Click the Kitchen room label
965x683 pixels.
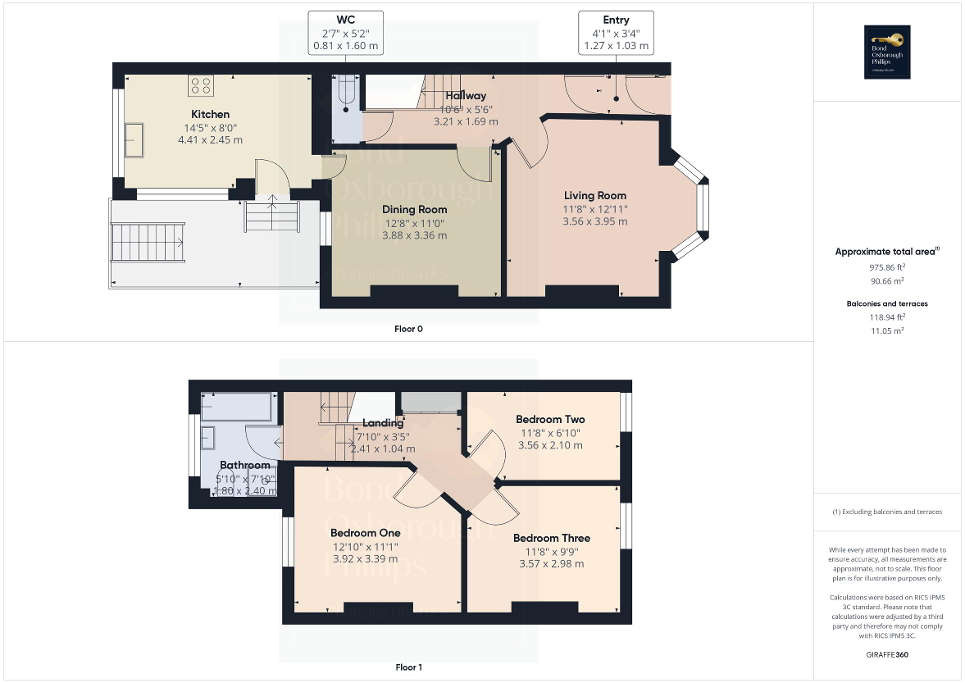coord(211,115)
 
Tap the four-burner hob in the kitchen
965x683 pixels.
coord(200,85)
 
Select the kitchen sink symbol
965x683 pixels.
coord(133,135)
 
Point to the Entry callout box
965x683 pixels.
coord(616,32)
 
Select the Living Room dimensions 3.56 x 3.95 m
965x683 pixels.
coord(595,222)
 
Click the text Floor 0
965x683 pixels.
coord(409,328)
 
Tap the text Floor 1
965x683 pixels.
coord(409,667)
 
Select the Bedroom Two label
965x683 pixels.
coord(550,419)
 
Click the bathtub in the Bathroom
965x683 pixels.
coord(237,407)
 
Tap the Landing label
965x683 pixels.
coord(382,422)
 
